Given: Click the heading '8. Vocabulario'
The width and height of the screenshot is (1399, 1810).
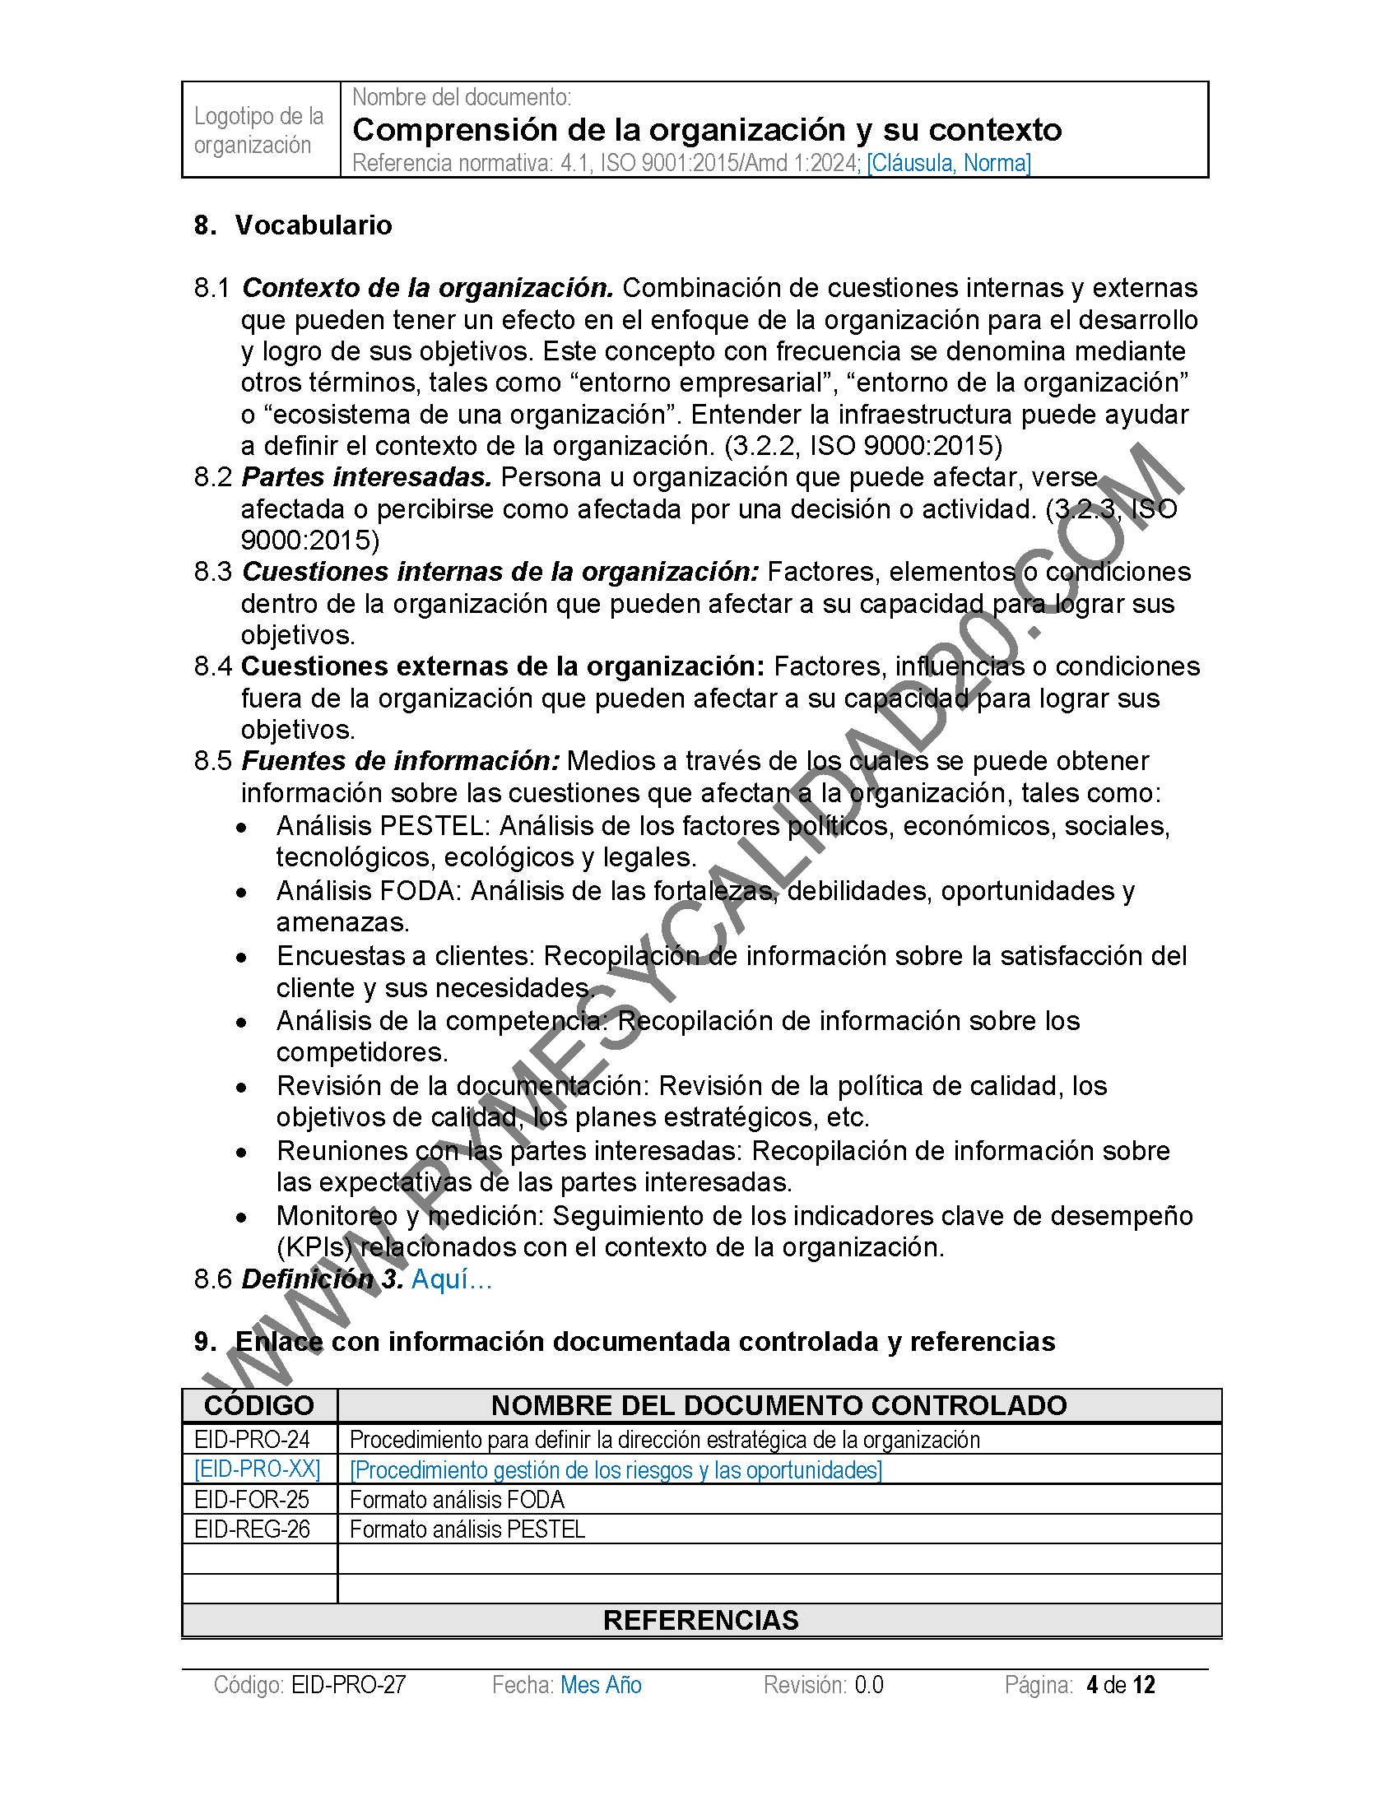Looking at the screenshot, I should point(293,225).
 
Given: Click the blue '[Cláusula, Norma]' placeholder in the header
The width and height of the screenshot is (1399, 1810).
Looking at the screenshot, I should point(948,163).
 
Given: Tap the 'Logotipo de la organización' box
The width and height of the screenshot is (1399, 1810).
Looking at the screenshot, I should point(259,130).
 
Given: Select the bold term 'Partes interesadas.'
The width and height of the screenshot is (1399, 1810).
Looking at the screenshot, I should point(366,477).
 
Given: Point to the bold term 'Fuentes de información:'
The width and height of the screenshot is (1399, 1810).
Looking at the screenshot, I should point(400,761).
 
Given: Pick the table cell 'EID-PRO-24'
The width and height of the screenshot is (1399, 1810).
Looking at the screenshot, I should point(252,1440).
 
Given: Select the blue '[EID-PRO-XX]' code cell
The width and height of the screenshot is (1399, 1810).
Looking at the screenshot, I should point(257,1469).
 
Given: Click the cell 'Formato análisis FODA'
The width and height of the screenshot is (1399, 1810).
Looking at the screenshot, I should point(457,1499).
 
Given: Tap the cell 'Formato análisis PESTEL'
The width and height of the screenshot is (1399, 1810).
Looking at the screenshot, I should point(467,1529).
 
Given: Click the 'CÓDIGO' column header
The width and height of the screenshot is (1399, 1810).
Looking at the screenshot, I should point(259,1405).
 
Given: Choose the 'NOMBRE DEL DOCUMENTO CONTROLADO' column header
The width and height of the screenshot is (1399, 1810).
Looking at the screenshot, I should point(779,1405).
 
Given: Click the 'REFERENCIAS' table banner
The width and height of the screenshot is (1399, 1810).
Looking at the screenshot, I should point(700,1620).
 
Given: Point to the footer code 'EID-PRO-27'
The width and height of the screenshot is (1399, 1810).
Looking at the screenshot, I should point(349,1685).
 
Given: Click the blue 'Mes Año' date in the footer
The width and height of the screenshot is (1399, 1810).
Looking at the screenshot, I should point(601,1685).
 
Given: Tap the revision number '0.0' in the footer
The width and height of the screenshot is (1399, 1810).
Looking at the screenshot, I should point(868,1685).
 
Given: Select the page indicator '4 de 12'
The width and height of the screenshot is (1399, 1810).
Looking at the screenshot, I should point(1121,1685).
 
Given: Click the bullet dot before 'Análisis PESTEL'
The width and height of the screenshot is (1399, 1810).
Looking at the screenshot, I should point(241,828).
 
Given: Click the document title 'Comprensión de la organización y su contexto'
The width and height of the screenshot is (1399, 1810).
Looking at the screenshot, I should point(707,130).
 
